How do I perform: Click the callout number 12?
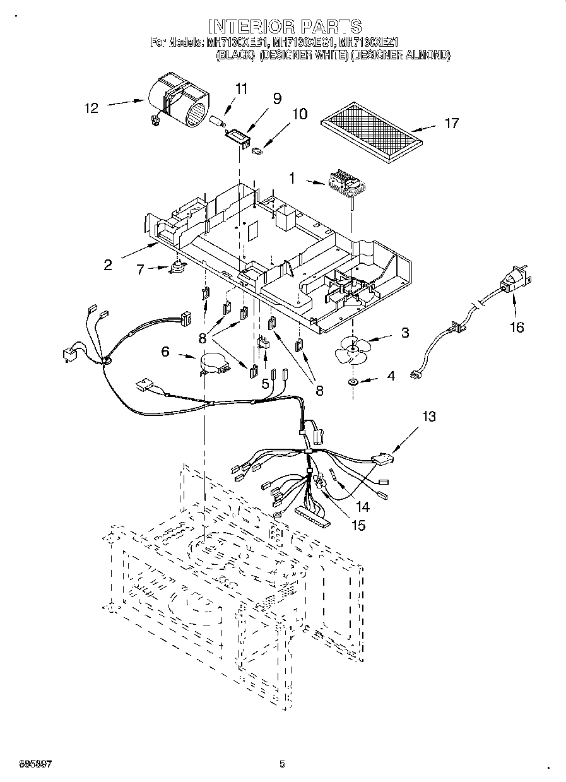coord(91,108)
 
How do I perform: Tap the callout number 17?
coord(452,123)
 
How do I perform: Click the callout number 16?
coord(516,327)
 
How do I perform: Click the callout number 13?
coord(428,417)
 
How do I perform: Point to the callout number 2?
coord(108,265)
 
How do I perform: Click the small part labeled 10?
coord(258,151)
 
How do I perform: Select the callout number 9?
coord(276,98)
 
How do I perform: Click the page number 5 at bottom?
coord(283,764)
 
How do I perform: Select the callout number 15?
coord(358,524)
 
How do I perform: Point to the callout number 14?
coord(362,507)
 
